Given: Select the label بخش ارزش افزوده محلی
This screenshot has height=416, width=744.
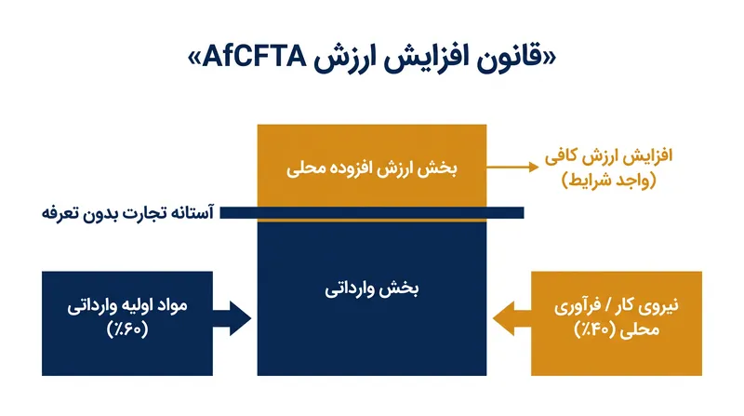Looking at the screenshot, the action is (x=371, y=168).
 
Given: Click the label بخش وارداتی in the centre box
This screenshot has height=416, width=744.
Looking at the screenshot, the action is (x=371, y=289).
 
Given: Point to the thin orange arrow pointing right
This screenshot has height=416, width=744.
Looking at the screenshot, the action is (x=512, y=167).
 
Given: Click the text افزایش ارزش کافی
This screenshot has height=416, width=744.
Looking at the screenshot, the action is (x=609, y=156).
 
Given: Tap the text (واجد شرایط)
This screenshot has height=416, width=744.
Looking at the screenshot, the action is (x=609, y=181).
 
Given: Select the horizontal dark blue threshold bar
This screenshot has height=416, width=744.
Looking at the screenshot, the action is (x=372, y=212).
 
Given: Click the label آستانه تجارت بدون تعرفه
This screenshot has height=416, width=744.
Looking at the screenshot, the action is (x=127, y=212).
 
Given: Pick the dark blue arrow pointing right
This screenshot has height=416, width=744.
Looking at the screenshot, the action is (x=232, y=318).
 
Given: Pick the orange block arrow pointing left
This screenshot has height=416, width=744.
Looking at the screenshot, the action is (x=512, y=318).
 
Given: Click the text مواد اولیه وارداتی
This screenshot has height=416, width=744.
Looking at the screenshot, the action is (x=127, y=306).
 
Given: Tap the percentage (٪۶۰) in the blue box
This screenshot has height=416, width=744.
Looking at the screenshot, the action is (x=127, y=329).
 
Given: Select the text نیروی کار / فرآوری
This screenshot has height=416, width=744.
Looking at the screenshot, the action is (x=617, y=306).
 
